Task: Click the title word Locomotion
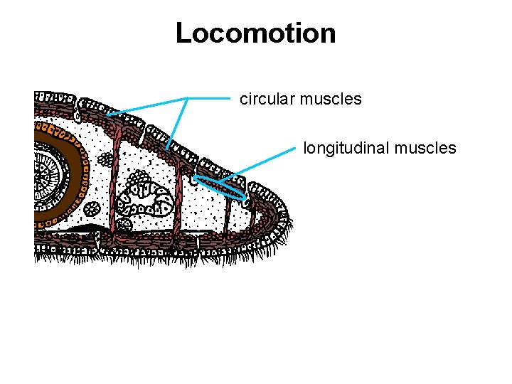coord(255,33)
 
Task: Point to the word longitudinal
coord(346,148)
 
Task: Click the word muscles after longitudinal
coord(425,148)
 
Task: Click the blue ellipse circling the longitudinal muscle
coord(220,186)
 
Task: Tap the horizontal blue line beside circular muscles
coord(210,98)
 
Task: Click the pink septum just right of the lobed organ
coord(178,203)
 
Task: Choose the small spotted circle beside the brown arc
coord(92,208)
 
